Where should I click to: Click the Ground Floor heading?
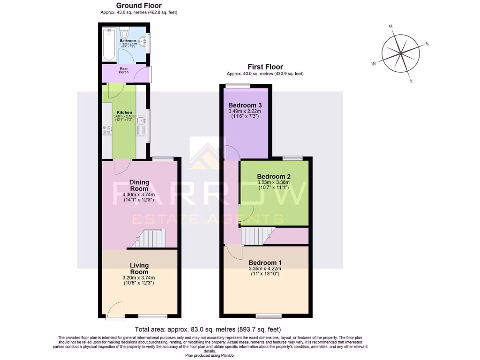point(139,5)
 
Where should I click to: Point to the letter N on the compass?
point(391,27)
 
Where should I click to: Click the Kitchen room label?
point(124,113)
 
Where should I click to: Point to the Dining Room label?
point(139,185)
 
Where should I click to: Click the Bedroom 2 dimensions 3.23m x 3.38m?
point(274,182)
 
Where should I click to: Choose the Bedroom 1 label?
point(265,262)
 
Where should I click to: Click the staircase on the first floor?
point(256,235)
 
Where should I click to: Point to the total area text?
point(208,329)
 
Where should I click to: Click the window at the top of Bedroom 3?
point(237,85)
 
